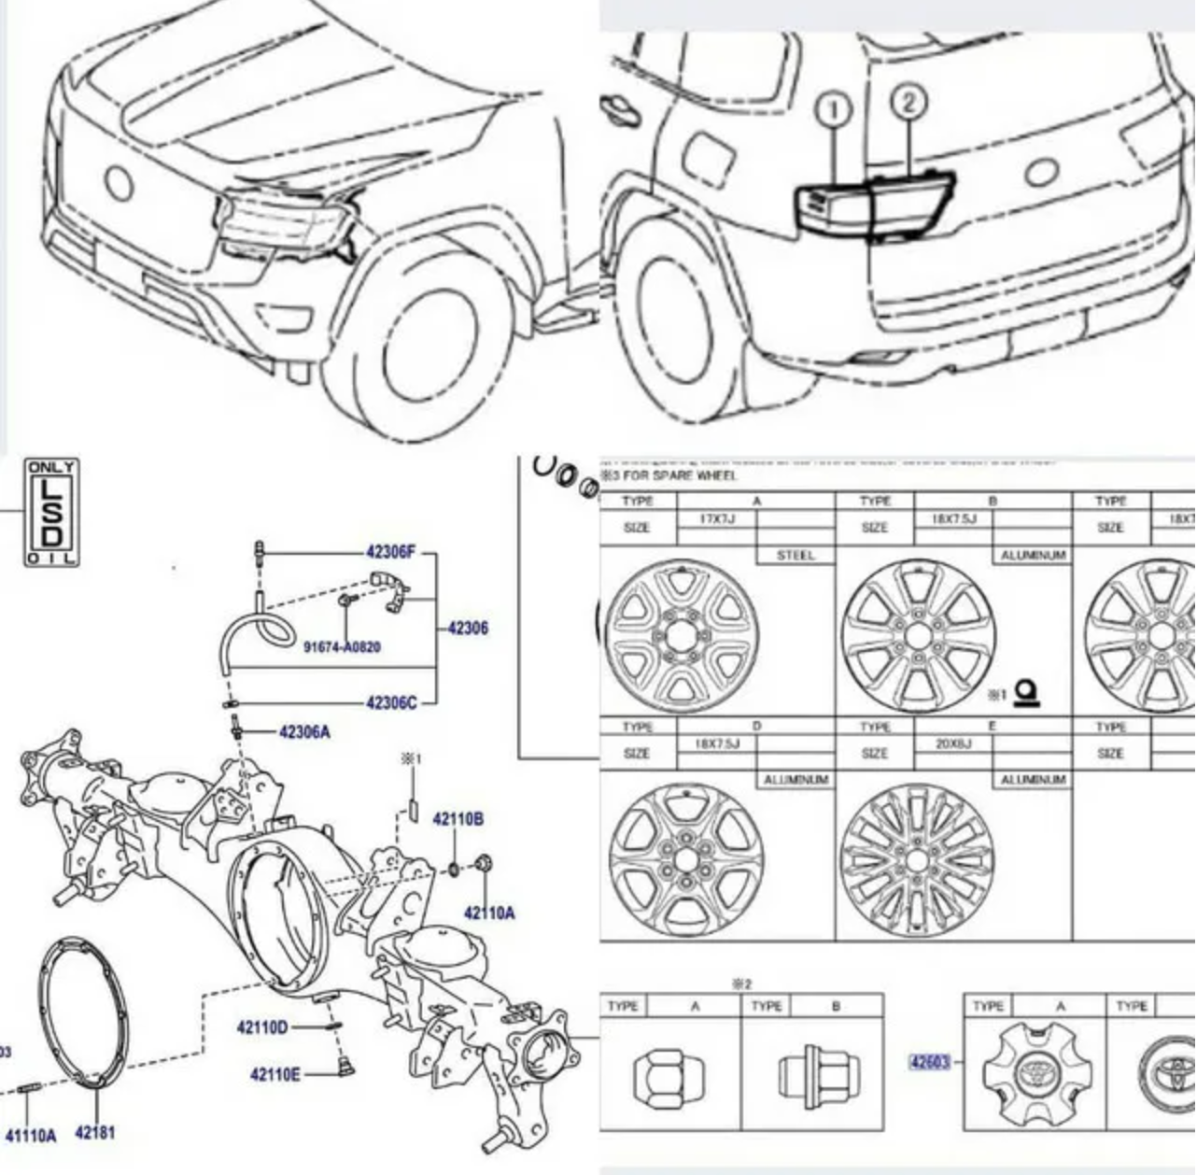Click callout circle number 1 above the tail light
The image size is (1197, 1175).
click(834, 110)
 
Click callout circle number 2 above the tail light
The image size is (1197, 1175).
click(908, 102)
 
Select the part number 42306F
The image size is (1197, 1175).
click(391, 553)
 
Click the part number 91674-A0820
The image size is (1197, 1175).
click(342, 646)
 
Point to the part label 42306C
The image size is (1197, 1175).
click(391, 702)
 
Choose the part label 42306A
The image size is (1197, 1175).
click(304, 732)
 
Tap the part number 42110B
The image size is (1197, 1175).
click(458, 819)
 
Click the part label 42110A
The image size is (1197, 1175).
click(488, 913)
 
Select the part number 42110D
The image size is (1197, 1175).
click(262, 1027)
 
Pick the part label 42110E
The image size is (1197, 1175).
click(275, 1074)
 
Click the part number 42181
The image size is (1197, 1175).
click(94, 1133)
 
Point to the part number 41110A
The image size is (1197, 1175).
click(31, 1136)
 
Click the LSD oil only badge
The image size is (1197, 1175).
click(51, 512)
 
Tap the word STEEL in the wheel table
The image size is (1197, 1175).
click(796, 555)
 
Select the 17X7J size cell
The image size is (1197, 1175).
click(717, 517)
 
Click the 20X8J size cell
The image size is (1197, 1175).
click(953, 743)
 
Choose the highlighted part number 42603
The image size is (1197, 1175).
click(929, 1061)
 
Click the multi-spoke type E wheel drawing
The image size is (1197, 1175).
click(916, 859)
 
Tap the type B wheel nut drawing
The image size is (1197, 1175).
click(818, 1075)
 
